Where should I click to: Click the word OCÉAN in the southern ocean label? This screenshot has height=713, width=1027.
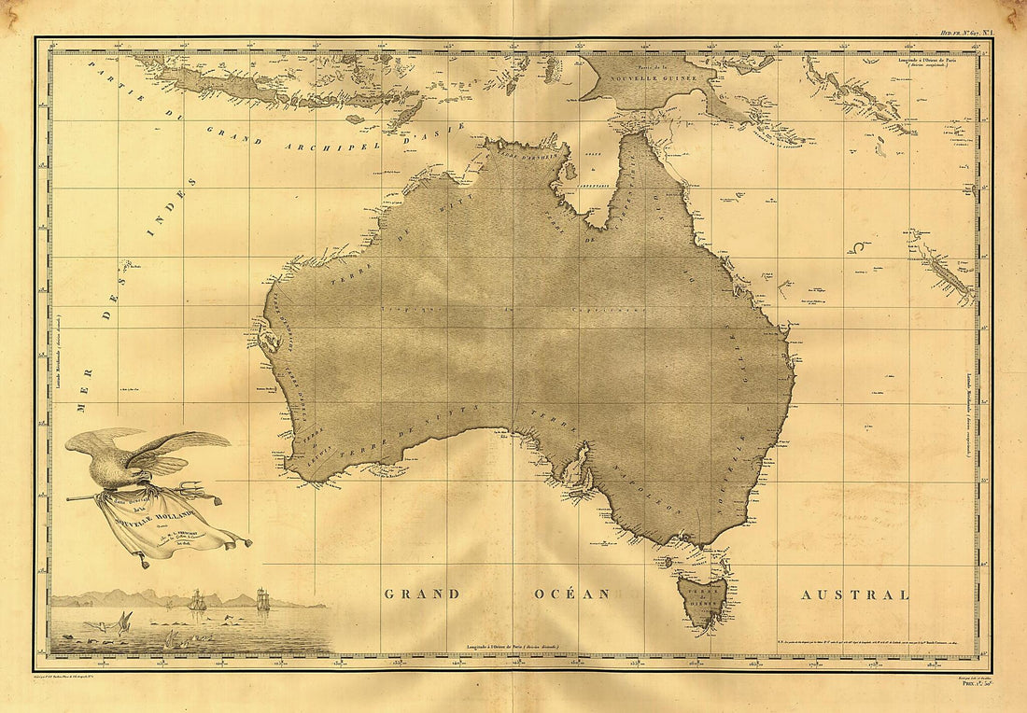[571, 594]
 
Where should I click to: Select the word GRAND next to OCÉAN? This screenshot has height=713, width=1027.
[422, 594]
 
